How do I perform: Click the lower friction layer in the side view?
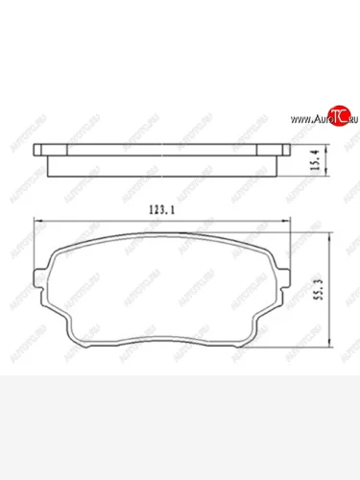[x=163, y=166]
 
